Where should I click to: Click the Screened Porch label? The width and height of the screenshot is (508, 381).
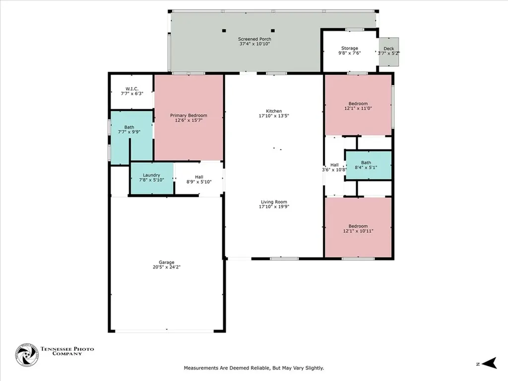[x=254, y=39]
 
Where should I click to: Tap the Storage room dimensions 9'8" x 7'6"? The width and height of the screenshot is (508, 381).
[x=349, y=53]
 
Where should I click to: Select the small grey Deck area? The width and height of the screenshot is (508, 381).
[x=389, y=51]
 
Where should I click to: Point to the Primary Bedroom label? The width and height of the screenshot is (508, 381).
[x=189, y=115]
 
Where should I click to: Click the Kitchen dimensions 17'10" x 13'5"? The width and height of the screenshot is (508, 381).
[x=274, y=116]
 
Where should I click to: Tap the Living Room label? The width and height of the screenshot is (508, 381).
[x=274, y=201]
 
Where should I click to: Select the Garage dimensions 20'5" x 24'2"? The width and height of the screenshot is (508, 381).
[x=167, y=267]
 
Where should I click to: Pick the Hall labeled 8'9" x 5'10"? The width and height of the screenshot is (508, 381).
[x=199, y=179]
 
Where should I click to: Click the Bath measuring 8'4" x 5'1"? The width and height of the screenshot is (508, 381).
[x=368, y=165]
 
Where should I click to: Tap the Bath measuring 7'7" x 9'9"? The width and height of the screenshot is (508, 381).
[x=129, y=130]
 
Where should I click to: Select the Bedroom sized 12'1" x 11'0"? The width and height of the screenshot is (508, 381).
[x=358, y=105]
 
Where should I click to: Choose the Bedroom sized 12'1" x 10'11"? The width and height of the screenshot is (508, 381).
[x=358, y=228]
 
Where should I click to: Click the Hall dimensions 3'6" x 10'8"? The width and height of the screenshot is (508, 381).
[x=334, y=169]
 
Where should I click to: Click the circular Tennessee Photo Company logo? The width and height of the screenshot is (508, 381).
[x=27, y=355]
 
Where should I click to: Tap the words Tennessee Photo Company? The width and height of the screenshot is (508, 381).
[x=67, y=351]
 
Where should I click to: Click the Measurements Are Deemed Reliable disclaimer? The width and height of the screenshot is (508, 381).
[x=254, y=368]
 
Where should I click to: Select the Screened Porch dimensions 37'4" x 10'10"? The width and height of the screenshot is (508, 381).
[x=254, y=44]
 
